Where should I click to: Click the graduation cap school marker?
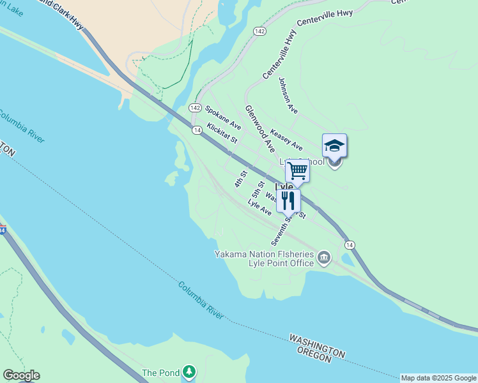click(334, 146)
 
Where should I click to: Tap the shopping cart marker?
click(297, 171)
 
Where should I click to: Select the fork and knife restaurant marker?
click(288, 200)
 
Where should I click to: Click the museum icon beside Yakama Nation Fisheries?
click(324, 257)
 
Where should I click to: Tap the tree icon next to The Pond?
click(189, 372)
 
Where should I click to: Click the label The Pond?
click(158, 373)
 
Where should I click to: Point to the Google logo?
click(21, 375)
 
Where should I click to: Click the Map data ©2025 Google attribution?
click(438, 378)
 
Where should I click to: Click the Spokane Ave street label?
click(222, 116)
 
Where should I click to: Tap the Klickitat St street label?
click(222, 133)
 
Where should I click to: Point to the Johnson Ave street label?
click(288, 95)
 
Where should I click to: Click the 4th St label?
click(241, 178)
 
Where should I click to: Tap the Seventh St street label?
click(281, 228)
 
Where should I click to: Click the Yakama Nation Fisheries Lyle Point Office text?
click(264, 259)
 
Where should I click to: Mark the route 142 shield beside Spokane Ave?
click(195, 108)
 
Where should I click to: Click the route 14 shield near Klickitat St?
click(197, 130)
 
